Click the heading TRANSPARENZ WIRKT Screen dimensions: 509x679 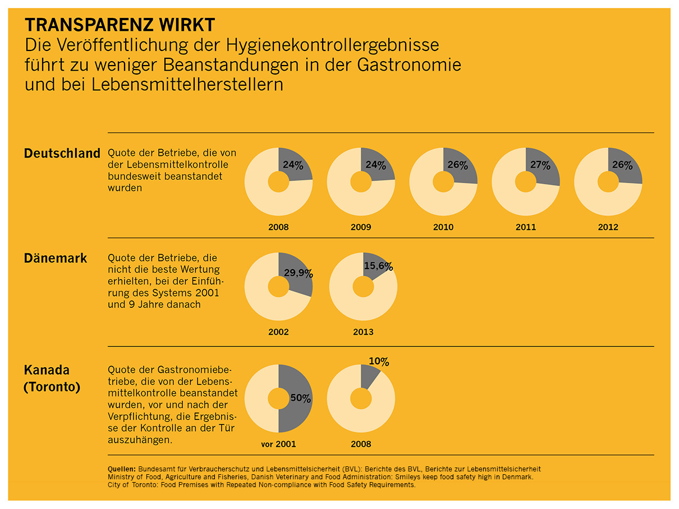[119, 25]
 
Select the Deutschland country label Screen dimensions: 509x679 [62, 154]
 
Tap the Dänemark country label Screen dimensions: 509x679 [56, 258]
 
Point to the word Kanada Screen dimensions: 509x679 [47, 371]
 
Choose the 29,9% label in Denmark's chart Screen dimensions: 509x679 [299, 274]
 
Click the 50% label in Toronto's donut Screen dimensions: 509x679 [300, 399]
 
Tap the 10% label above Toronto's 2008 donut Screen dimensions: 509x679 [379, 362]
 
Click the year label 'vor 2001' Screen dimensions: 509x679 [278, 444]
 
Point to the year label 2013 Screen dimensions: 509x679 [363, 332]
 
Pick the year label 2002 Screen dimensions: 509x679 [278, 332]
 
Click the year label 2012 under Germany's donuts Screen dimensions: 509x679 [608, 227]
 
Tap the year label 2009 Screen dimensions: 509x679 [361, 227]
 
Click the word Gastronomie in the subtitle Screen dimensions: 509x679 [409, 64]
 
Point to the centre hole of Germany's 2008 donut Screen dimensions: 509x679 [278, 182]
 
